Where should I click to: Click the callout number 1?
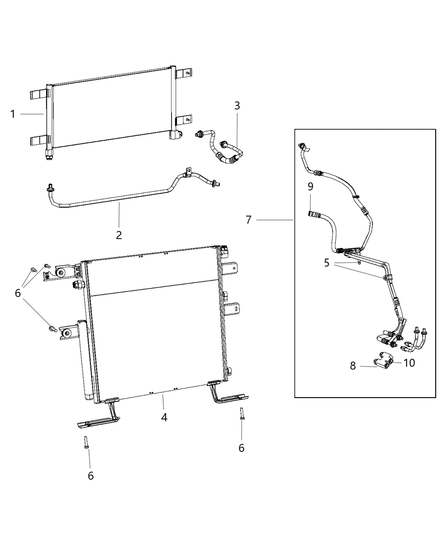(x=13, y=114)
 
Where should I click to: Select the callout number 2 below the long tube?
(x=119, y=234)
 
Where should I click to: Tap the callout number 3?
(x=237, y=105)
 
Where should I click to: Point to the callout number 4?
(x=164, y=417)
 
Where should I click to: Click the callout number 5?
(x=327, y=263)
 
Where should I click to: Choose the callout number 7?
(x=249, y=220)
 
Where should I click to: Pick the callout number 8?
(x=353, y=366)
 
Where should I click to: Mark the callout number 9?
(x=310, y=186)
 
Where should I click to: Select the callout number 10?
(x=409, y=363)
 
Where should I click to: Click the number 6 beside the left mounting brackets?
(x=18, y=293)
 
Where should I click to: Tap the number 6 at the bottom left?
(x=90, y=475)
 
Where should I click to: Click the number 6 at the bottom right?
(x=241, y=448)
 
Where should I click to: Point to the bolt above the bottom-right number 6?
(x=241, y=414)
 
